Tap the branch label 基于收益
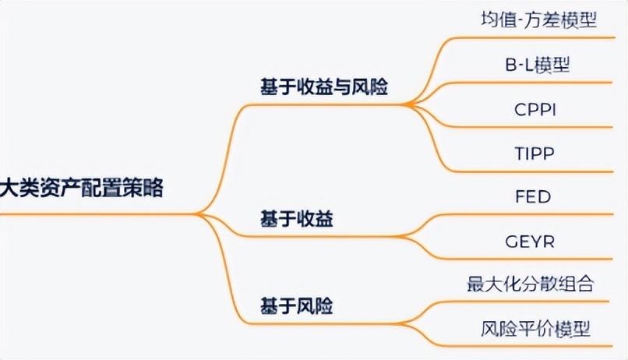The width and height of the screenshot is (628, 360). click(x=297, y=221)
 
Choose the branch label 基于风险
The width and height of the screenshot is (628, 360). click(x=297, y=306)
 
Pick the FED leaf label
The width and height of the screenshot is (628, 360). click(x=533, y=196)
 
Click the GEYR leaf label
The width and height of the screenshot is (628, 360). click(x=534, y=240)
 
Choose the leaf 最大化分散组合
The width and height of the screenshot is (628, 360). click(x=531, y=284)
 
